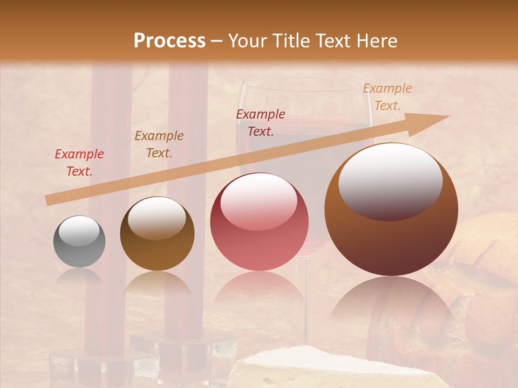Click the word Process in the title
click(x=169, y=41)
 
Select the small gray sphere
click(x=79, y=242)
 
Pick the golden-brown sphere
click(x=157, y=234)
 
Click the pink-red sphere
click(x=259, y=221)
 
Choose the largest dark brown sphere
click(x=391, y=210)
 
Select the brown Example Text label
click(x=159, y=144)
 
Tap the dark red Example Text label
click(x=261, y=123)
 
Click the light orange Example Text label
click(x=387, y=97)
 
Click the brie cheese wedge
click(x=335, y=369)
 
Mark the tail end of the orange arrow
click(x=50, y=200)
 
